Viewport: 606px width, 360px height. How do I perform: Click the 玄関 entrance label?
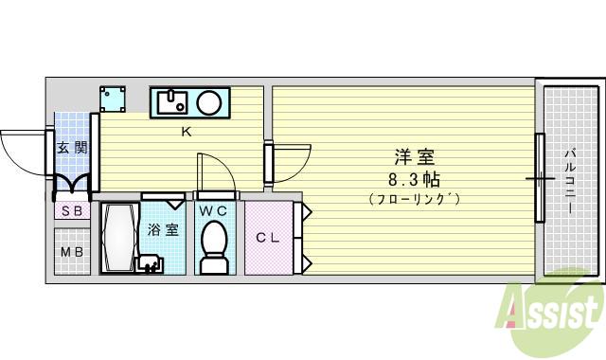pos(72,148)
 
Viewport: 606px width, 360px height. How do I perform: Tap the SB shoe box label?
pos(72,210)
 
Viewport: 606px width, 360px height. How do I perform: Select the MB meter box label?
pos(72,252)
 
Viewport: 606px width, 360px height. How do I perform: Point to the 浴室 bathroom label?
pos(163,229)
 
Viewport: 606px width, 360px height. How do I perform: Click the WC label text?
pos(214,210)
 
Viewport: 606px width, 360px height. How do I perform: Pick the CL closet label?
pos(267,238)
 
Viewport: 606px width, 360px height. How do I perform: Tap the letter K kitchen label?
pos(187,132)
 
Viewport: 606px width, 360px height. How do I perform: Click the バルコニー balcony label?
pos(572,180)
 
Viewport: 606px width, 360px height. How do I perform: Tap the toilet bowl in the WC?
pos(215,242)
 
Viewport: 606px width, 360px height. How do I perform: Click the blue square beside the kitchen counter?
pos(115,99)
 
